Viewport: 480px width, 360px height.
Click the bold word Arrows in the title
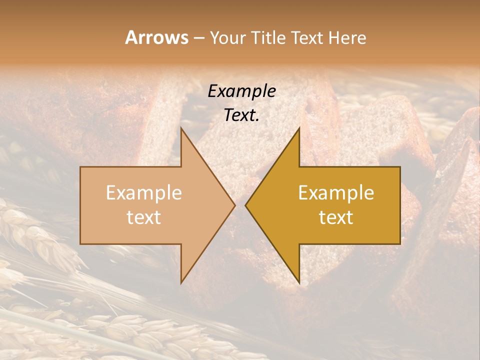pos(156,37)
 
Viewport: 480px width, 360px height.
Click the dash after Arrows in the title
pos(198,38)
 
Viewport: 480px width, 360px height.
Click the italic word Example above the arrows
pos(241,91)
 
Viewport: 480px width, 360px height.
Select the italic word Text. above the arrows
pos(241,115)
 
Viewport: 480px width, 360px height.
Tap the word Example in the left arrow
pos(143,193)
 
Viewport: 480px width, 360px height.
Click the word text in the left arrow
pos(143,217)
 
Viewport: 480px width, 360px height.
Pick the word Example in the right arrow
pos(336,193)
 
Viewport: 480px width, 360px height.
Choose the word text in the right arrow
pos(336,217)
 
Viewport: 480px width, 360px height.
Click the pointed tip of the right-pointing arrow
pos(234,205)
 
